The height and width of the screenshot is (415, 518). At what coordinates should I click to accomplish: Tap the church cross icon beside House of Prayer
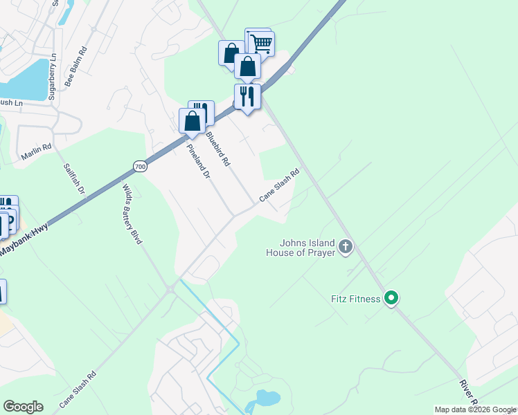tap(345, 246)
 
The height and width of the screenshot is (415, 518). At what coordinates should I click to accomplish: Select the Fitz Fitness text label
tap(355, 299)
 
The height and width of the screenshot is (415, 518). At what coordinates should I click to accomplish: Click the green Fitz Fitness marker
tap(391, 299)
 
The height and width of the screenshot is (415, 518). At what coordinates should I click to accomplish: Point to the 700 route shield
tap(140, 167)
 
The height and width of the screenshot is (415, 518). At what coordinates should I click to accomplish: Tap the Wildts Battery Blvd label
tap(132, 214)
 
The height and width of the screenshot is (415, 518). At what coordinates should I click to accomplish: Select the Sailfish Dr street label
tap(73, 179)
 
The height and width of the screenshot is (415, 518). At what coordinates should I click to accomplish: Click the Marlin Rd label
tap(36, 152)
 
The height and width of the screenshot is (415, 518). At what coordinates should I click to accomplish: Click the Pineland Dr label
tap(197, 163)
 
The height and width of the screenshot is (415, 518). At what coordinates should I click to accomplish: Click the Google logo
tap(23, 407)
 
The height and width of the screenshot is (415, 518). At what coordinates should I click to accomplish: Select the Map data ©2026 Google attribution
tap(475, 409)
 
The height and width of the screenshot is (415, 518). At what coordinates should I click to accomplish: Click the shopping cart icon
tap(261, 44)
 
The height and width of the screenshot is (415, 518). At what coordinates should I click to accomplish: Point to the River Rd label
tap(467, 391)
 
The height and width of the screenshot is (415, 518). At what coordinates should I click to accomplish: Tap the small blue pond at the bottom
tap(267, 398)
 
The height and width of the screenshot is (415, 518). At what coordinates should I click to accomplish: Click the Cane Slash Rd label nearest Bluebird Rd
tap(279, 186)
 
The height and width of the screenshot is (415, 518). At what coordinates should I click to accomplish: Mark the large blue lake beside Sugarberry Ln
tap(24, 79)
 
